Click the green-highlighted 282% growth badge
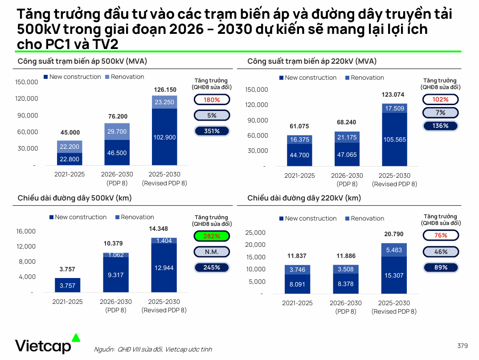coord(212,236)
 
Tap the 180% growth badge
coord(212,100)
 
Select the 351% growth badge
coord(212,131)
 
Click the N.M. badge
coord(212,252)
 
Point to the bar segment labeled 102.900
coord(164,137)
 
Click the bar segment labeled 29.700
coord(117,131)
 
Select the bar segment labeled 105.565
coord(394,139)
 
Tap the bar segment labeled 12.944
coord(164,268)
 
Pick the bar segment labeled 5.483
coord(394,250)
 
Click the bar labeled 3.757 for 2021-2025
coord(68,285)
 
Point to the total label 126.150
coord(165,90)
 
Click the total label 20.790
coord(394,234)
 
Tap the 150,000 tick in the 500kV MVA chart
coord(27,82)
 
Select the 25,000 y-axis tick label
coord(255,232)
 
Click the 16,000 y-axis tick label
coord(26,231)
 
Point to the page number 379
coord(463,346)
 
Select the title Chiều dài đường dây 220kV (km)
coord(304,198)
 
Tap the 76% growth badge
coord(441,235)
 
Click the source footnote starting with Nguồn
coord(153,349)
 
